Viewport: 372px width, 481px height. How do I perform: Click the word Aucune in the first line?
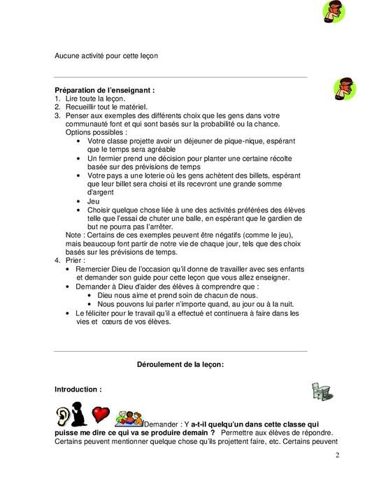pyautogui.click(x=68, y=56)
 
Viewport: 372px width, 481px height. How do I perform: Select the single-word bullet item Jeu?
pyautogui.click(x=94, y=201)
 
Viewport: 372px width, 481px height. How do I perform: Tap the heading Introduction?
pyautogui.click(x=78, y=389)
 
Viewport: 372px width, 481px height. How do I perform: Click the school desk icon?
pyautogui.click(x=321, y=392)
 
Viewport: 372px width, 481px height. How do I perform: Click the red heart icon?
pyautogui.click(x=102, y=414)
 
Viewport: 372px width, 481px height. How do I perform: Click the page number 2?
pyautogui.click(x=336, y=456)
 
